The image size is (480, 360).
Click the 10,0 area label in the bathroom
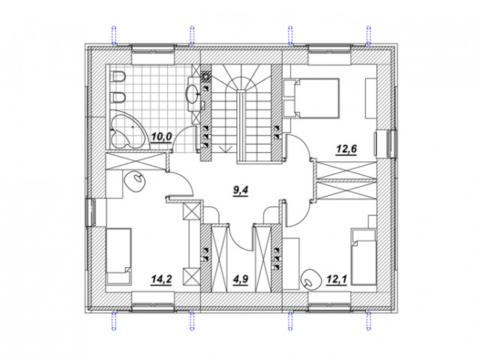coord(162,136)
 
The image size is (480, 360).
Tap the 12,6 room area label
coord(346,149)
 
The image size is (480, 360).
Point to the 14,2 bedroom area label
coord(162,279)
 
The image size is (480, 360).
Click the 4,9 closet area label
coord(240,279)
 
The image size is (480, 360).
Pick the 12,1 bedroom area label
coord(337,279)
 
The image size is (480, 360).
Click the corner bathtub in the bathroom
coord(127,130)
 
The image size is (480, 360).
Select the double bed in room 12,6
coord(311,98)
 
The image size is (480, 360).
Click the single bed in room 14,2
coord(118,256)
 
